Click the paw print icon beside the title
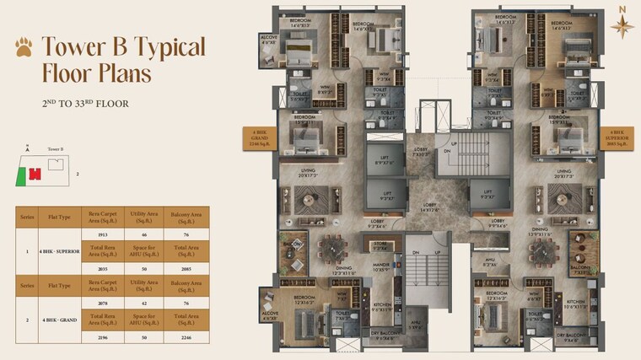(x=24, y=48)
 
